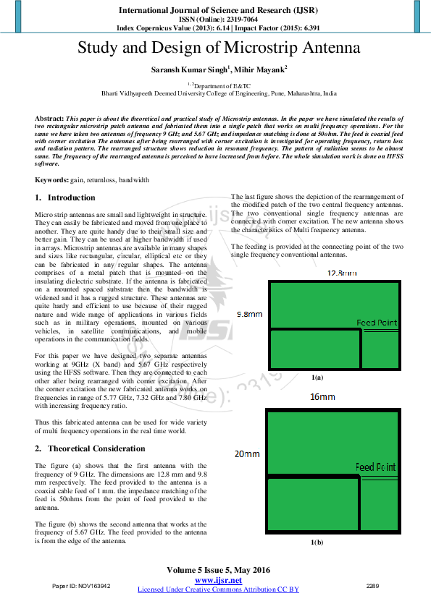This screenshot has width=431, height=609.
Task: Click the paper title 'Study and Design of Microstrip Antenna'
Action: coord(219,48)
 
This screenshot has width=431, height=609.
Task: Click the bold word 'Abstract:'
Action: coord(49,117)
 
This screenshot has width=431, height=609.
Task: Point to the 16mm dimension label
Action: coord(322,397)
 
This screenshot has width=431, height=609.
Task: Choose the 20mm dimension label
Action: coord(247,454)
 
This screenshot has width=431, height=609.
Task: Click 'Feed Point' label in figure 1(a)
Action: coord(376,323)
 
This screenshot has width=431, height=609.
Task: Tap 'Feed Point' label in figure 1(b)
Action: coord(375,468)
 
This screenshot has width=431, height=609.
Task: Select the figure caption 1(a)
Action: coord(317,378)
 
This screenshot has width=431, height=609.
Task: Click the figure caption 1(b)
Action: coord(317,542)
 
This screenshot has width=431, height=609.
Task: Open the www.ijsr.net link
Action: coord(218,580)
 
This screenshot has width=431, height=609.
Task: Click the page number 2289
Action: coord(372,585)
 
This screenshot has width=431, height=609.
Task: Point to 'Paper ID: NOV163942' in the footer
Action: coord(81,585)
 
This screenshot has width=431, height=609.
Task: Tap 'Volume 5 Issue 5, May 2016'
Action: coord(218,570)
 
